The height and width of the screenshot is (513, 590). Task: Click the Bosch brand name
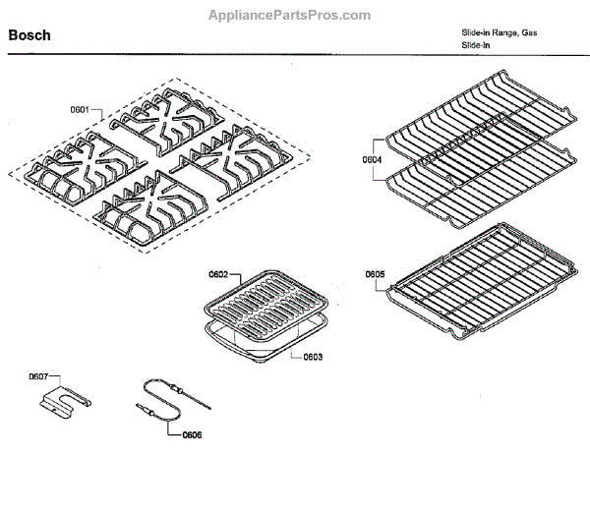pos(29,35)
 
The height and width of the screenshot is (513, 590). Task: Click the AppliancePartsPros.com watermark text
pos(291,15)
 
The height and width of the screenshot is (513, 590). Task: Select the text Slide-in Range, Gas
pos(500,33)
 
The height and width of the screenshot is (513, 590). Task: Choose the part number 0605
pos(375,274)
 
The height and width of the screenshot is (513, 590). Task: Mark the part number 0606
pos(192,433)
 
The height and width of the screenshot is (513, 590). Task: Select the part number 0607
pos(38,375)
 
